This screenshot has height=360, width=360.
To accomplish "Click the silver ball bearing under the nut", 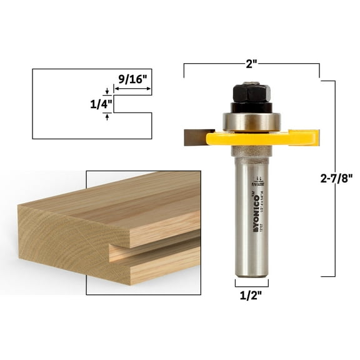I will (251, 121).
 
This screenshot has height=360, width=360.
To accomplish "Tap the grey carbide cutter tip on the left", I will (199, 137).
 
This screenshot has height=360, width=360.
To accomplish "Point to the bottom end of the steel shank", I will (251, 272).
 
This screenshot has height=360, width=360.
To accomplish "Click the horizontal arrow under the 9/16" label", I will (132, 89).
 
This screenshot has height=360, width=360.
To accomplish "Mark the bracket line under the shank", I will (251, 283).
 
